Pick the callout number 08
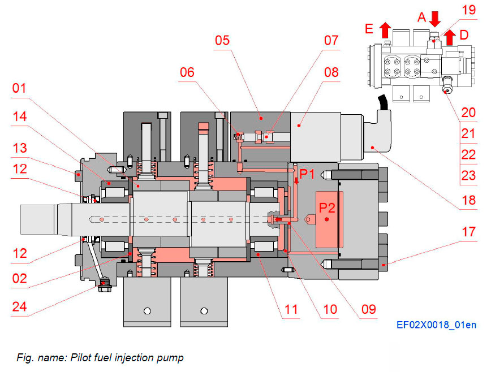(x=330, y=72)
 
